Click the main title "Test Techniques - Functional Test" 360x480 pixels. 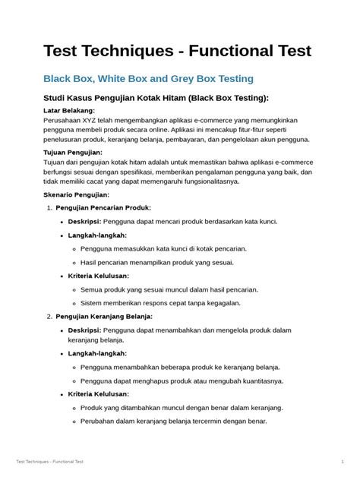tap(177, 51)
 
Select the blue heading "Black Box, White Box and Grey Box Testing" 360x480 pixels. tap(148, 78)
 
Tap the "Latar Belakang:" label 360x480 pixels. tap(69, 110)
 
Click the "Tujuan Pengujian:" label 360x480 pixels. tap(73, 152)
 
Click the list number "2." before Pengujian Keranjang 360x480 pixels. tap(49, 316)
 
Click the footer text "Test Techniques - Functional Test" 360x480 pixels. tap(49, 461)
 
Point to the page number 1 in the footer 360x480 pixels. tap(343, 461)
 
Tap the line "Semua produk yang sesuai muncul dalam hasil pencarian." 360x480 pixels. tap(169, 289)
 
